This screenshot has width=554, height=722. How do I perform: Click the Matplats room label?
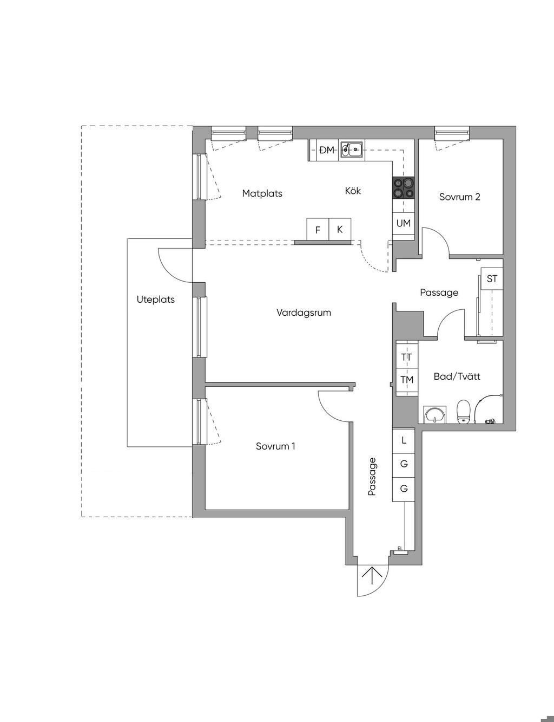coord(262,193)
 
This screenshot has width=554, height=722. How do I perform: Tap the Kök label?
coord(353,191)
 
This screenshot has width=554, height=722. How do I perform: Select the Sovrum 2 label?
coord(460,197)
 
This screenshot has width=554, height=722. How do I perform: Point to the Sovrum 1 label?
coord(275,446)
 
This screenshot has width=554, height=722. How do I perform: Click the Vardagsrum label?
coord(304,313)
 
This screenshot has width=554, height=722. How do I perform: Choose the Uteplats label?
coord(156,300)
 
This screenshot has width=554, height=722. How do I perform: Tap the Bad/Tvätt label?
coord(457,376)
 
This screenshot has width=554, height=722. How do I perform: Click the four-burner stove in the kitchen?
coord(404,188)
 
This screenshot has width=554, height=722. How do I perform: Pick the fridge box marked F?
coord(318,229)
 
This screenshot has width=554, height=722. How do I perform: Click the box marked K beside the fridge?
coord(340,229)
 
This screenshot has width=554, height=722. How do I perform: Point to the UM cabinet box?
coord(404,224)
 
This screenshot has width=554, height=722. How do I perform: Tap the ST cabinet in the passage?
coord(492,278)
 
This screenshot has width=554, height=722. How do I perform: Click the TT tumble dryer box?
coord(407,357)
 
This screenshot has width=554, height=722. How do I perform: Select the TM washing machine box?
coord(407,380)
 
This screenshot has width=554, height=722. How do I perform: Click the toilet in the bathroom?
coord(464,412)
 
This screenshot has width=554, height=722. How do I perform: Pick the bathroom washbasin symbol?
coord(434,414)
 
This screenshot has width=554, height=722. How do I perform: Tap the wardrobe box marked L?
coord(404,440)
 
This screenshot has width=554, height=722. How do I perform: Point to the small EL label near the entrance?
coord(400,549)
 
